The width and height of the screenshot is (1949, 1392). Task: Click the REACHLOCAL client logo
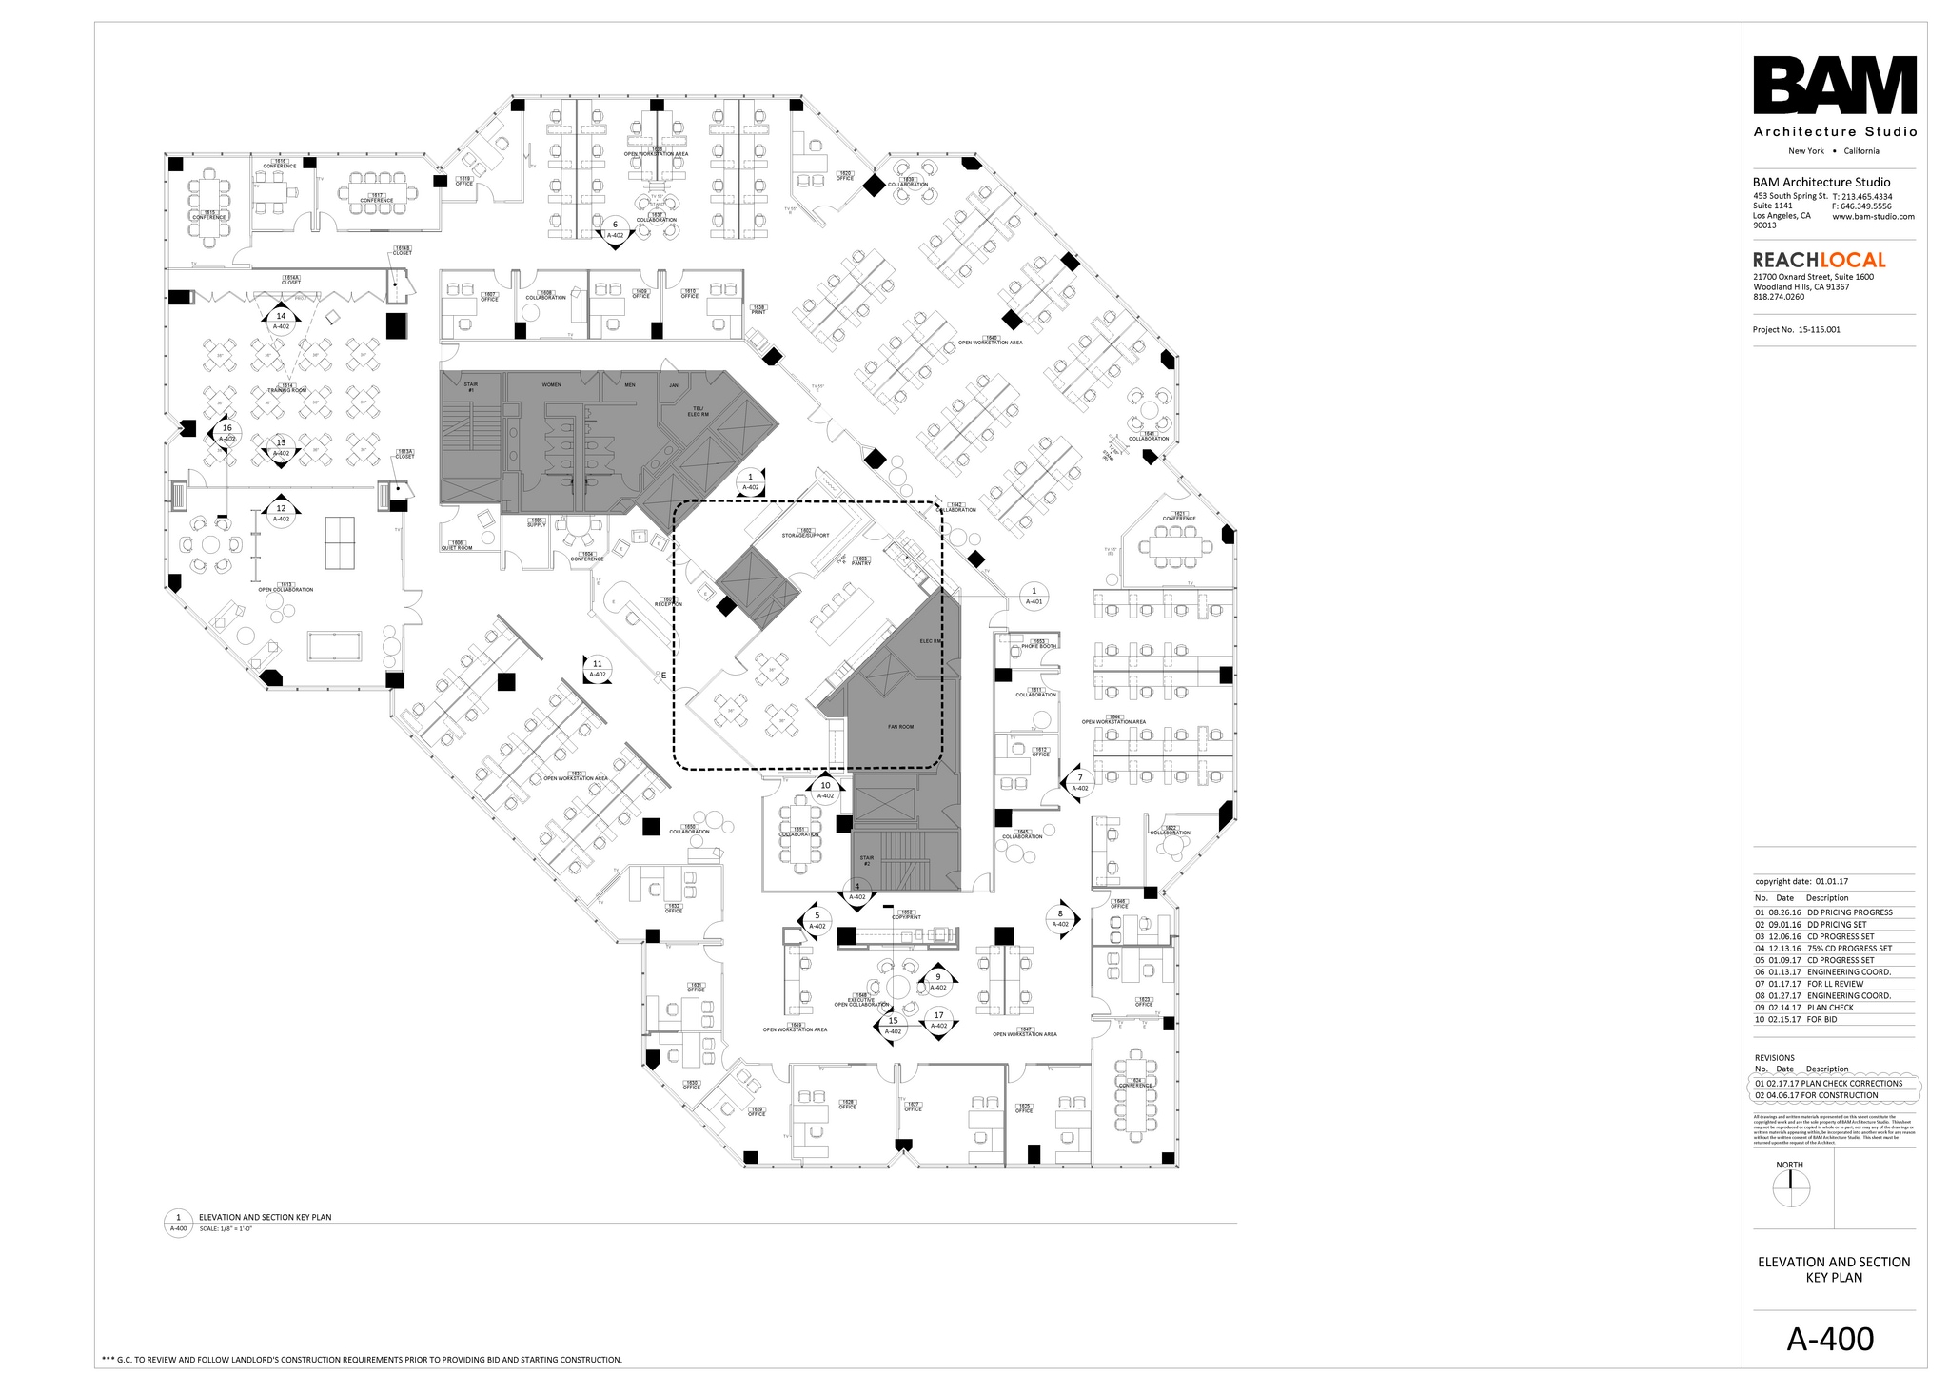click(x=1819, y=260)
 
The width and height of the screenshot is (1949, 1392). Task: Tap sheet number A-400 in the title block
click(x=1830, y=1339)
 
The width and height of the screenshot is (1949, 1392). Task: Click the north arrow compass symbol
click(x=1790, y=1188)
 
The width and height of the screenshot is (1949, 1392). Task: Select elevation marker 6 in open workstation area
click(x=615, y=229)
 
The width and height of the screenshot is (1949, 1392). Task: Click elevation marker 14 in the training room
click(x=281, y=321)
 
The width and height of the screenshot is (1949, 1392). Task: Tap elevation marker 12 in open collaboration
click(x=281, y=513)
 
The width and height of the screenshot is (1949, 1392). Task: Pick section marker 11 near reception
click(x=598, y=668)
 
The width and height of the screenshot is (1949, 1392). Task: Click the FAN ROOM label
click(x=900, y=727)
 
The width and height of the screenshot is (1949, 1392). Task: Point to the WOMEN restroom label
click(x=551, y=385)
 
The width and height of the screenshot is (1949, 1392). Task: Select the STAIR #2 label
click(x=867, y=860)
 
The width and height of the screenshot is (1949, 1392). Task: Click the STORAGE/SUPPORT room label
click(x=806, y=535)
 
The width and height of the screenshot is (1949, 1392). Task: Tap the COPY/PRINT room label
click(x=907, y=915)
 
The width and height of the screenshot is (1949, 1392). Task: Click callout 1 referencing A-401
click(x=1034, y=596)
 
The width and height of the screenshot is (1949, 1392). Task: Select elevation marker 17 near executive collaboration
click(x=938, y=1020)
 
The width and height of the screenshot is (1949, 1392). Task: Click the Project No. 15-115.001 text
click(x=1796, y=330)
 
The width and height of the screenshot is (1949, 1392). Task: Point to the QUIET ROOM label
click(x=457, y=546)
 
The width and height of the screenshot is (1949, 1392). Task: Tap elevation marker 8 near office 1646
click(x=1060, y=918)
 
